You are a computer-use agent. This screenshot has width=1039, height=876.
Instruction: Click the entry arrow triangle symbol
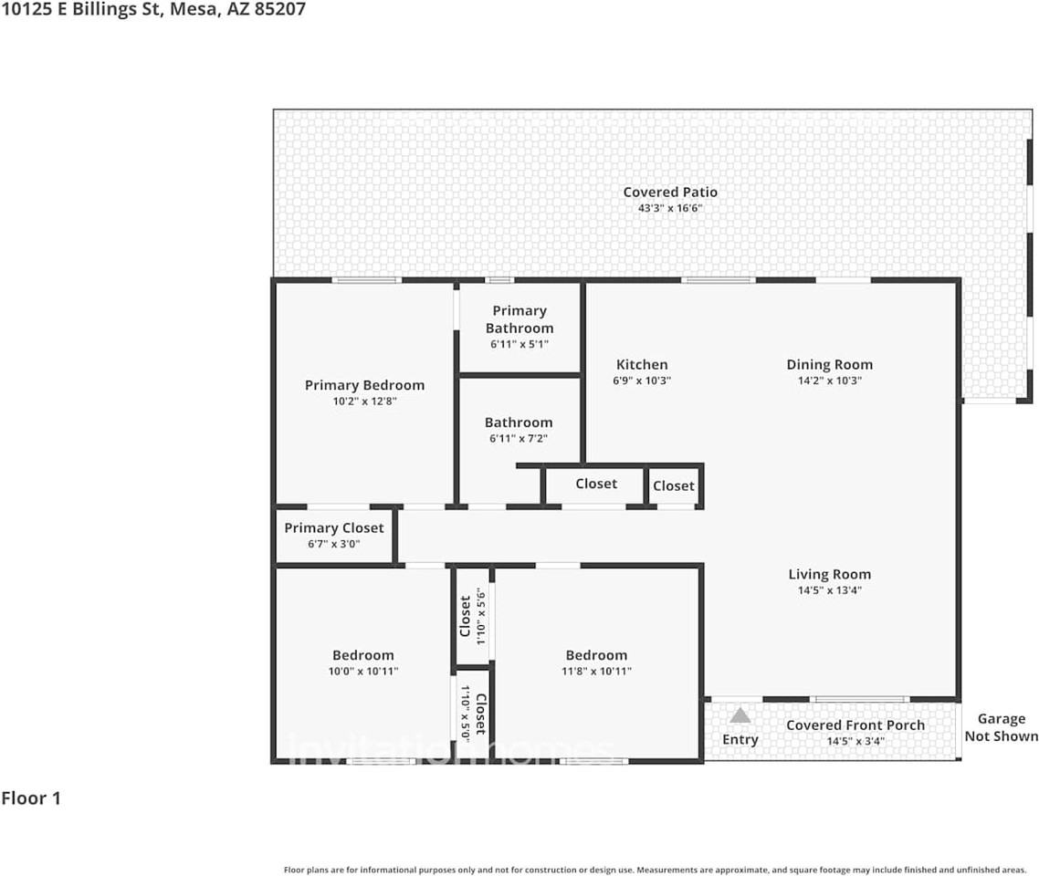point(740,716)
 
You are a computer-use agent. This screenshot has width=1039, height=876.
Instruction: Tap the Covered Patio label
point(670,192)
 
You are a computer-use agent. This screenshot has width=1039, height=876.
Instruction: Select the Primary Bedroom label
point(364,385)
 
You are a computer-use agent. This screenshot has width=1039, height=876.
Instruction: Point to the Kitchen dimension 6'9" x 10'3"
point(642,381)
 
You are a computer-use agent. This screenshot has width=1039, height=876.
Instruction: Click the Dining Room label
point(829,364)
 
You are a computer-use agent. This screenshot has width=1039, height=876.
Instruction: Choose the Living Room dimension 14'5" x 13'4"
point(829,590)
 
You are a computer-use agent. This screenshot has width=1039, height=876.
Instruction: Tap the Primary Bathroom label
point(519,319)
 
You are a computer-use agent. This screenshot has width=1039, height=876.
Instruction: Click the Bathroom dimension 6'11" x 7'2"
point(519,439)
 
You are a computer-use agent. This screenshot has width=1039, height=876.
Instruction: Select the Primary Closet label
point(334,527)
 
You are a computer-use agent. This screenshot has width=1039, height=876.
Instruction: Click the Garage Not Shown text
point(1002,727)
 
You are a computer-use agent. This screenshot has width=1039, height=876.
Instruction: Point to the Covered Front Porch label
point(855,725)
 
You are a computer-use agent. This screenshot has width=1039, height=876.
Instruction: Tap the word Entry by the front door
point(740,739)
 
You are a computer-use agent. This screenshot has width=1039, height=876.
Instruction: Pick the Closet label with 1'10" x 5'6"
point(466,616)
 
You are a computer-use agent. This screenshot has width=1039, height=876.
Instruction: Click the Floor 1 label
point(31,798)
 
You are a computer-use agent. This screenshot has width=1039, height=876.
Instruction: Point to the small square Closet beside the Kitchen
point(674,486)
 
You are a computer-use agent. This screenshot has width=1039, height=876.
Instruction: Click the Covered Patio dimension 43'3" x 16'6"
point(670,208)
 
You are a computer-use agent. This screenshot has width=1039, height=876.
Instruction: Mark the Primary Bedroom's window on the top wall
point(366,280)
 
